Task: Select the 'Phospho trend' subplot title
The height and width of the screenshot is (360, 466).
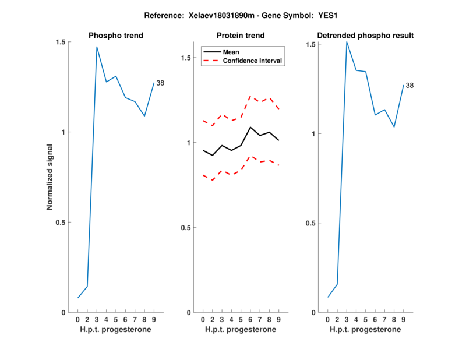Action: (x=116, y=36)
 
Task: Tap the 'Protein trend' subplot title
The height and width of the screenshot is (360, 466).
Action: (x=241, y=36)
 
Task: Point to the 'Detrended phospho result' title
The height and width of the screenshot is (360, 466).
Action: (x=365, y=36)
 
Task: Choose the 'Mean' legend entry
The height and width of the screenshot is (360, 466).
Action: (x=231, y=52)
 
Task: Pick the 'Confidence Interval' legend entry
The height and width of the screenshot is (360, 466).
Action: (x=252, y=61)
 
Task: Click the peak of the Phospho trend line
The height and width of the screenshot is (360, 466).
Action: (x=97, y=47)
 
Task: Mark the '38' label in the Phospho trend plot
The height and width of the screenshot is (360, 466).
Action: (x=160, y=83)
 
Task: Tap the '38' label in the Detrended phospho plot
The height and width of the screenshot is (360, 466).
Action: (x=409, y=86)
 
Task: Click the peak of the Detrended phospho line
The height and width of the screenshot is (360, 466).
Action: (x=347, y=41)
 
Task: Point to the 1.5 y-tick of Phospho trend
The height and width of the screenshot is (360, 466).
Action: (x=60, y=42)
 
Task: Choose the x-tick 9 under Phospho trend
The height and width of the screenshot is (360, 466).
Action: (x=154, y=319)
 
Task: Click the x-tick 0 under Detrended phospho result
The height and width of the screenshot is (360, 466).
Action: (x=328, y=319)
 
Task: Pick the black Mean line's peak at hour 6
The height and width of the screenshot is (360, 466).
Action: (x=250, y=127)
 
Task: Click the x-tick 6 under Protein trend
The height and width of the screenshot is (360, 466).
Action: (x=250, y=319)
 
